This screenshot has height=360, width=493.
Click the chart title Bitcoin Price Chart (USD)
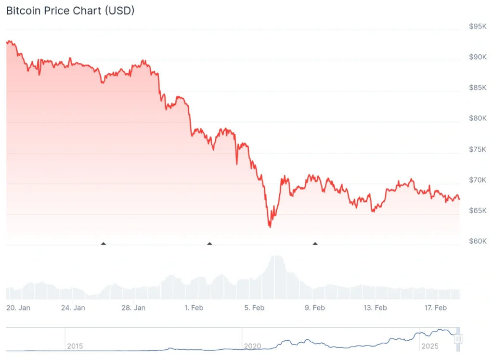pyautogui.click(x=70, y=11)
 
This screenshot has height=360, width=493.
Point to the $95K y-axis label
pyautogui.click(x=478, y=26)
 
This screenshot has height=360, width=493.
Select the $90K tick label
pyautogui.click(x=478, y=57)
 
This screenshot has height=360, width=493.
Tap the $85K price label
pyautogui.click(x=478, y=88)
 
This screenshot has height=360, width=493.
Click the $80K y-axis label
pyautogui.click(x=478, y=118)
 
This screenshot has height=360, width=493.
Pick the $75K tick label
pyautogui.click(x=478, y=149)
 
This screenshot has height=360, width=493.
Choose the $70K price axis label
pyautogui.click(x=478, y=180)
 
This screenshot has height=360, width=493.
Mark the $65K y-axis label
pyautogui.click(x=478, y=211)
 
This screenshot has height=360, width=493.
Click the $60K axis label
pyautogui.click(x=478, y=241)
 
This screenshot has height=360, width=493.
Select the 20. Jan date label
pyautogui.click(x=18, y=308)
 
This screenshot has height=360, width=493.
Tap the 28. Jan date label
pyautogui.click(x=134, y=308)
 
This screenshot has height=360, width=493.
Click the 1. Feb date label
pyautogui.click(x=194, y=308)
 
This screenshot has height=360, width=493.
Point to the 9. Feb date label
pyautogui.click(x=314, y=308)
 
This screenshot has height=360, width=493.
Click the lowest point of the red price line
pyautogui.click(x=270, y=227)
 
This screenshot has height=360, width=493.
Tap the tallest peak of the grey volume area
pyautogui.click(x=276, y=256)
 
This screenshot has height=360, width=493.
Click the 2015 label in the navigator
pyautogui.click(x=75, y=346)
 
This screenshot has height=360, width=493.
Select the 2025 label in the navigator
pyautogui.click(x=430, y=346)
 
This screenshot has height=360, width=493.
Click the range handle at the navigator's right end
pyautogui.click(x=458, y=339)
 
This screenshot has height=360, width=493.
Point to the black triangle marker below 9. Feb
pyautogui.click(x=315, y=244)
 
